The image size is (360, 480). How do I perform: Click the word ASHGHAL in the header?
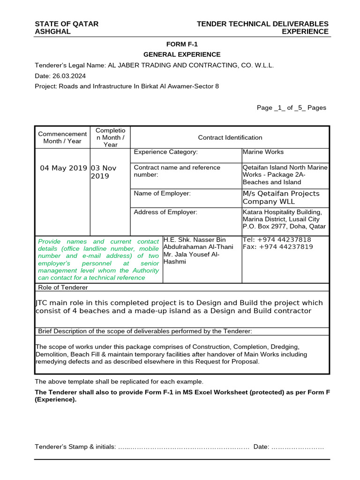(53, 31)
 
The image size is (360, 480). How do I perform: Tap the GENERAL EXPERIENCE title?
(182, 55)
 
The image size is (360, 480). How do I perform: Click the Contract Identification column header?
(230, 137)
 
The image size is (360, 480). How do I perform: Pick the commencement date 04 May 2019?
(64, 168)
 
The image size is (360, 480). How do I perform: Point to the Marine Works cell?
(263, 152)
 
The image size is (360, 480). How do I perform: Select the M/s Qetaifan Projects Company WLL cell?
(281, 197)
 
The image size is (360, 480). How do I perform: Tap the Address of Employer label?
(165, 212)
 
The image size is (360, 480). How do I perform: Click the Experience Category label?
(165, 152)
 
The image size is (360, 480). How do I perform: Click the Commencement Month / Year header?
(62, 137)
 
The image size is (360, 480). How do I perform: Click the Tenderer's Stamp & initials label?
(75, 447)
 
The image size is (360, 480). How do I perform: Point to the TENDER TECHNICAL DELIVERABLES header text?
(262, 24)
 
